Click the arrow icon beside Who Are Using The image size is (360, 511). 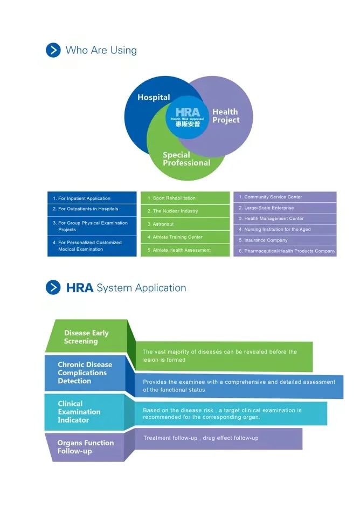(53, 50)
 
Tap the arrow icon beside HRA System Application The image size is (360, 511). (53, 287)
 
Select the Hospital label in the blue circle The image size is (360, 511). (154, 98)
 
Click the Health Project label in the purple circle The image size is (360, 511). (225, 116)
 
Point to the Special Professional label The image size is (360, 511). (186, 159)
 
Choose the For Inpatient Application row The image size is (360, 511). (92, 198)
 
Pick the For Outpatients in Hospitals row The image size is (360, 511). (92, 209)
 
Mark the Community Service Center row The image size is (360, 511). (285, 197)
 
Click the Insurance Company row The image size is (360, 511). (285, 240)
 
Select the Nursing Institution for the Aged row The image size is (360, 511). (285, 230)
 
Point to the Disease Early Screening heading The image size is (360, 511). (86, 337)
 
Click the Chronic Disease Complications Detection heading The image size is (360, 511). (85, 372)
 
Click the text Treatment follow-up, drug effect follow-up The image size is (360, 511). (200, 438)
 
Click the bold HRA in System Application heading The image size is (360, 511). (80, 288)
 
